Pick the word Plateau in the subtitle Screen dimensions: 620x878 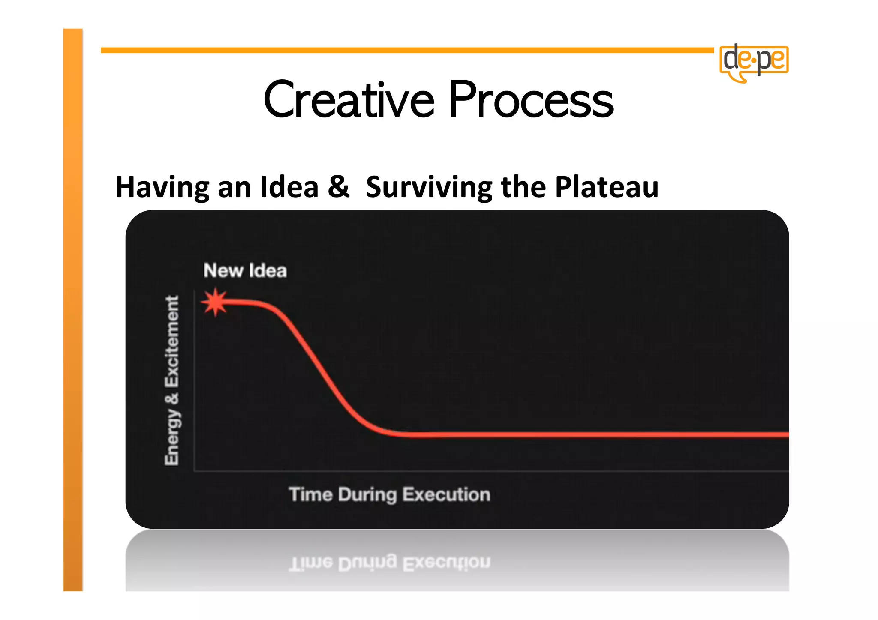click(607, 187)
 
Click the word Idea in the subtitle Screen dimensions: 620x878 click(289, 187)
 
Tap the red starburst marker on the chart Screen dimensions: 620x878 click(215, 302)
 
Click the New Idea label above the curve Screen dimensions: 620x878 click(245, 271)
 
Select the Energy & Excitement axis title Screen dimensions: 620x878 click(172, 380)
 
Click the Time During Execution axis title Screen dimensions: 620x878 click(389, 494)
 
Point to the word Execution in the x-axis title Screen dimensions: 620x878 click(446, 494)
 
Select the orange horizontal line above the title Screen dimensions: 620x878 click(407, 50)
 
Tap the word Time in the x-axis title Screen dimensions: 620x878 click(311, 494)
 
